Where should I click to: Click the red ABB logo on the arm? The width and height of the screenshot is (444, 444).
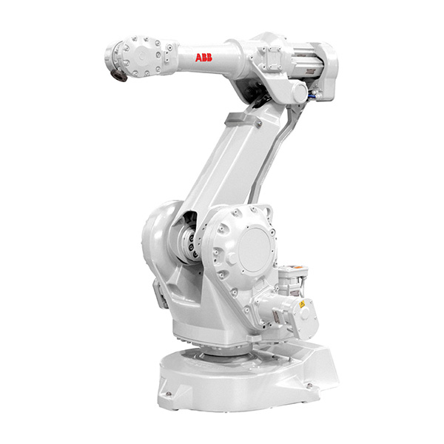(x=203, y=58)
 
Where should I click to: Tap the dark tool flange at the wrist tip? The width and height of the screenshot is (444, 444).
(x=118, y=75)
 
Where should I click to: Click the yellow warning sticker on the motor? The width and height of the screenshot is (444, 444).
(x=302, y=304)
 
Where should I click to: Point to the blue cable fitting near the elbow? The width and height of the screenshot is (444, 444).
(x=312, y=96)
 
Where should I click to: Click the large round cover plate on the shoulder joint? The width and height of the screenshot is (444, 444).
(x=255, y=249)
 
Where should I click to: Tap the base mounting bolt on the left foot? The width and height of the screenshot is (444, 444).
(x=169, y=394)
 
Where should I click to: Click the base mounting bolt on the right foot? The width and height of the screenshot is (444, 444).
(x=309, y=385)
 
